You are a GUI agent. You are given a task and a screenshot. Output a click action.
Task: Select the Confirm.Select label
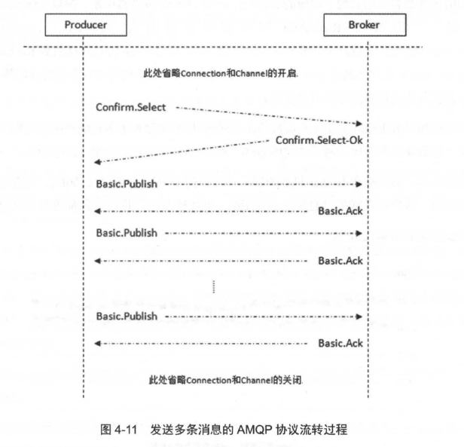coord(131,107)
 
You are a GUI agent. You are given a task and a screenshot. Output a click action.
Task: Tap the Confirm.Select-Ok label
coord(319,140)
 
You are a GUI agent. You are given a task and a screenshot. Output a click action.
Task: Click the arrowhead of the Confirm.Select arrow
coord(359,123)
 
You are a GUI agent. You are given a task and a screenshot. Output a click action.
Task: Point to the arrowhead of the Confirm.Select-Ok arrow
coord(98,162)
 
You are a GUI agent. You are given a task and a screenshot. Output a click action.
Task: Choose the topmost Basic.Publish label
coord(127,184)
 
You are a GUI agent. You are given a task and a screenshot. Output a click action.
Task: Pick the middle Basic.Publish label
coord(127,233)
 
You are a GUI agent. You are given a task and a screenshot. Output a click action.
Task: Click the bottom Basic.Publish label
coord(127,316)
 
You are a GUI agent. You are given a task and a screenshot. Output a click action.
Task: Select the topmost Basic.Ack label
coord(340,211)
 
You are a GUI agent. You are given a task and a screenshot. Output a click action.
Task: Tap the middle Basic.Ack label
coord(340,261)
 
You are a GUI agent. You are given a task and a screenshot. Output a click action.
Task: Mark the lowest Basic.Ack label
coord(340,343)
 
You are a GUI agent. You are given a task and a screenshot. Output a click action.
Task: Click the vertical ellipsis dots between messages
coord(214,286)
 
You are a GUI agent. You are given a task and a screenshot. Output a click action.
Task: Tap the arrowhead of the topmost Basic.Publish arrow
coord(359,184)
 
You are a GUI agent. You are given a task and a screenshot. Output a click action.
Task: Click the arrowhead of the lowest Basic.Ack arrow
coord(98,344)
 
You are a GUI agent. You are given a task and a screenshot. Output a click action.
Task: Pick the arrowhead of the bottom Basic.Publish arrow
coord(359,317)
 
